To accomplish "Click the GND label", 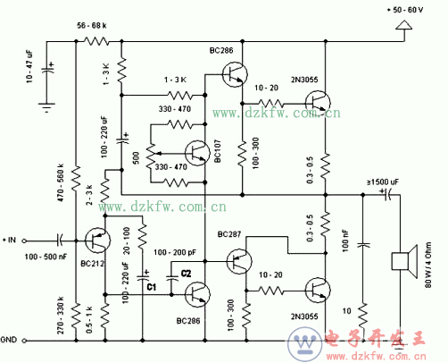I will (x=12, y=340).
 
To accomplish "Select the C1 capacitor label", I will (x=152, y=287).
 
